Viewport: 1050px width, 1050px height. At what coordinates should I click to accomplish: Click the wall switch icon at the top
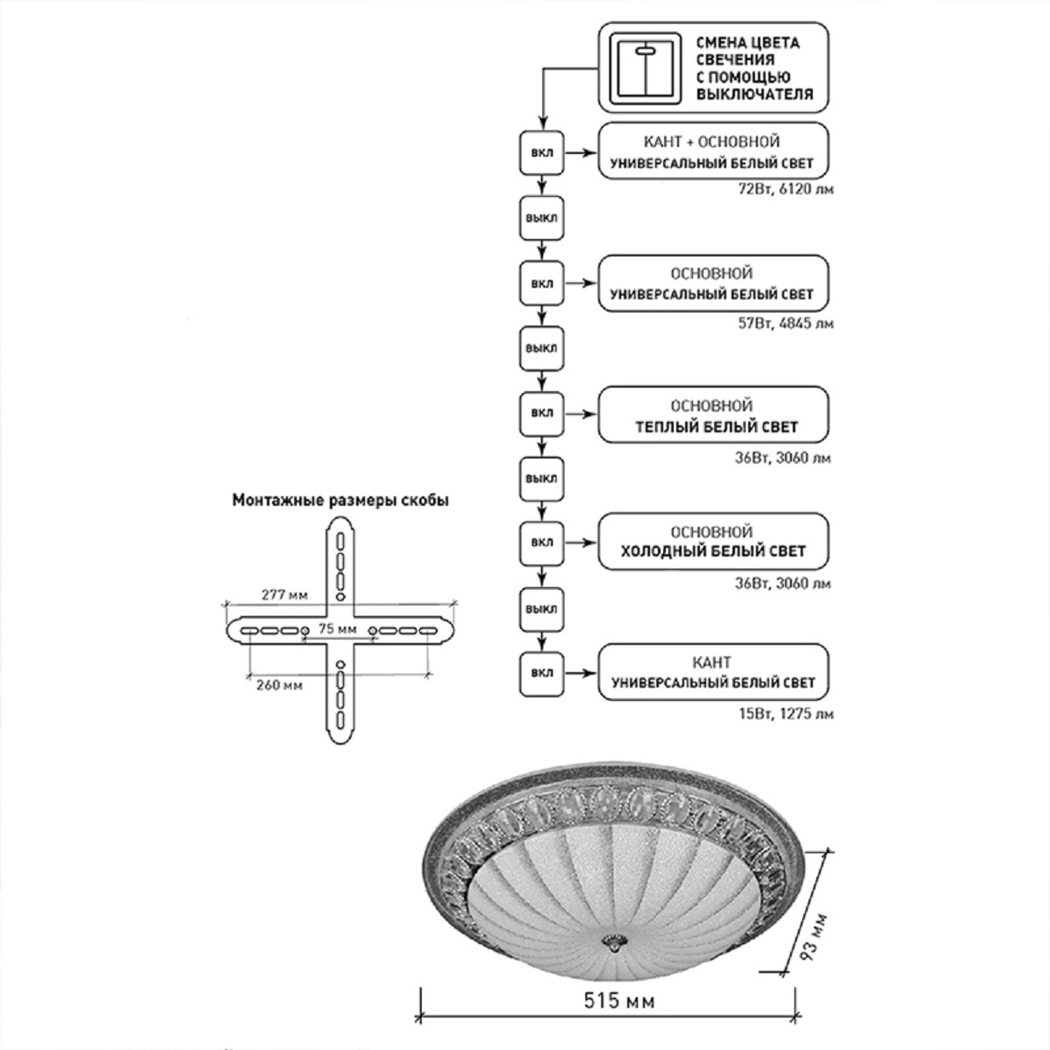click(x=643, y=67)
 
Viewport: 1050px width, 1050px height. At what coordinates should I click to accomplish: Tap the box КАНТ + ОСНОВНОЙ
click(x=712, y=151)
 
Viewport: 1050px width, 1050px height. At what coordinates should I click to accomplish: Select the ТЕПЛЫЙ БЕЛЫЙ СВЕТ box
click(x=712, y=416)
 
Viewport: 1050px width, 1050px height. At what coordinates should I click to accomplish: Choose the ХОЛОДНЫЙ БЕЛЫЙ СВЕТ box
click(x=712, y=542)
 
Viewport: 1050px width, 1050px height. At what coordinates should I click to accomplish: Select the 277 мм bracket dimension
click(x=285, y=596)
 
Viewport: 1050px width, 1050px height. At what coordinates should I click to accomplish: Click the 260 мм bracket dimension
click(x=280, y=685)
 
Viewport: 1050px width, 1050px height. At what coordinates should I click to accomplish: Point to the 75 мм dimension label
click(x=337, y=629)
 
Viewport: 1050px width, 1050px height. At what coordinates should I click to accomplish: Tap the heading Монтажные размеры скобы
click(x=340, y=501)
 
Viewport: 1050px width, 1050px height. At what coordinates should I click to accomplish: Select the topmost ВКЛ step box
click(x=542, y=151)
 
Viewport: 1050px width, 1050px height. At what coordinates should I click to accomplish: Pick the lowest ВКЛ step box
click(x=542, y=674)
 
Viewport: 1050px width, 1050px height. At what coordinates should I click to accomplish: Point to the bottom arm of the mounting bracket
click(x=339, y=696)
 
